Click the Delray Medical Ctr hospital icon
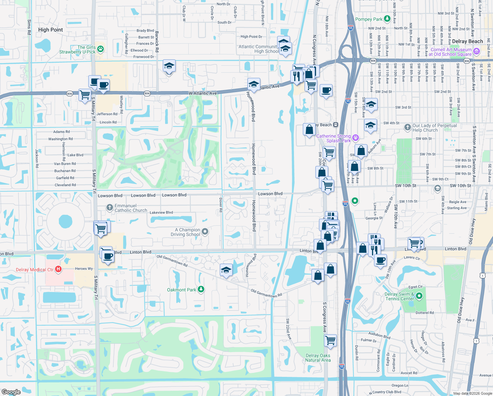click(x=58, y=269)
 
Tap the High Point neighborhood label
click(x=50, y=30)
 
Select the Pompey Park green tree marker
click(x=387, y=19)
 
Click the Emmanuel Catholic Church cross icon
click(x=110, y=208)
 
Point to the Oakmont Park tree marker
click(x=201, y=289)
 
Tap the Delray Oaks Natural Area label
click(x=318, y=358)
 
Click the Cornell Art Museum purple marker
click(x=476, y=51)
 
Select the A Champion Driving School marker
click(x=205, y=232)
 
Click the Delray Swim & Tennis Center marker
click(x=419, y=296)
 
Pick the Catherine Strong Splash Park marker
click(x=355, y=138)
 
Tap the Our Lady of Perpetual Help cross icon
click(x=408, y=127)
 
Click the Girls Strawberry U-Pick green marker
click(x=101, y=49)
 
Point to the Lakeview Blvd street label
click(x=161, y=213)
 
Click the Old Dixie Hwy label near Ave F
click(x=460, y=310)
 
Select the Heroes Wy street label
click(x=84, y=269)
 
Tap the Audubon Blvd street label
click(x=379, y=335)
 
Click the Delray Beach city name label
click(x=467, y=41)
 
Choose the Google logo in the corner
click(x=11, y=392)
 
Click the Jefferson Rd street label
click(x=107, y=114)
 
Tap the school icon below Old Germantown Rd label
click(x=226, y=270)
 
